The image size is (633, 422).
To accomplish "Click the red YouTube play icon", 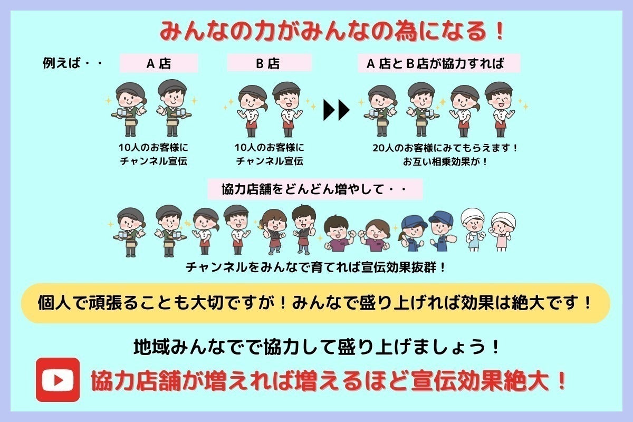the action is pos(57,380).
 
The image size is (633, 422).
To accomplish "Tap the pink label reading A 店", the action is pos(159,63).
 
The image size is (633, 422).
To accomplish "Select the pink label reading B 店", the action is pos(269,63).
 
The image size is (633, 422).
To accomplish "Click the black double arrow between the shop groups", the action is pos(337,110).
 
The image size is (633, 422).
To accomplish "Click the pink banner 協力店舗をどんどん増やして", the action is pos(315,189).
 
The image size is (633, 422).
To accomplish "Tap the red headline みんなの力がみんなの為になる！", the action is pos(332,31).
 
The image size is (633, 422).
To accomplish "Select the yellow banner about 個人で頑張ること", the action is pos(315,303).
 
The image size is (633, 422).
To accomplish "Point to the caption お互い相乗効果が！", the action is pos(445,161).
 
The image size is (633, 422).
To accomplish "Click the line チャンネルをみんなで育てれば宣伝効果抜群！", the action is pos(315,267).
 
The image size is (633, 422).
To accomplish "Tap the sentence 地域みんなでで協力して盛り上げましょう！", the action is pos(316,347).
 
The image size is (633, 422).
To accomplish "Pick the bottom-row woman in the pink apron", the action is pos(503,231).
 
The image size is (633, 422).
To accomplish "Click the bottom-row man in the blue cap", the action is pos(441,231).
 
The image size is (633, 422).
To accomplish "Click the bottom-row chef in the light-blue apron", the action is pos(473,229).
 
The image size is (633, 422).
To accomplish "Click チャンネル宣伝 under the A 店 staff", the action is pos(154,161).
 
